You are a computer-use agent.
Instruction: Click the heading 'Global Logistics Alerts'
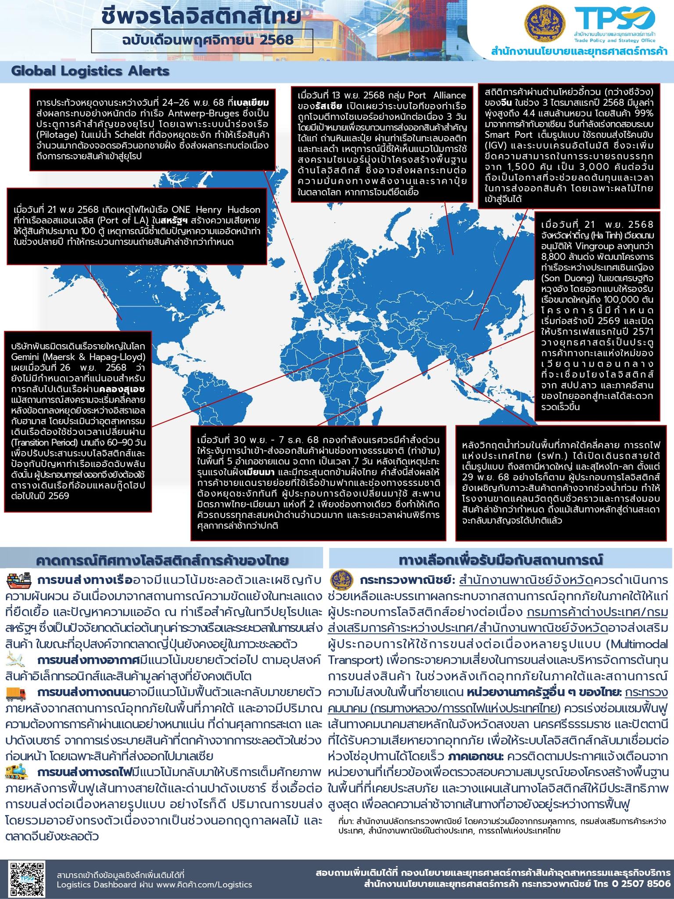tap(90, 71)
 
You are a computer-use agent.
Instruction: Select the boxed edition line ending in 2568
tap(202, 40)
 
